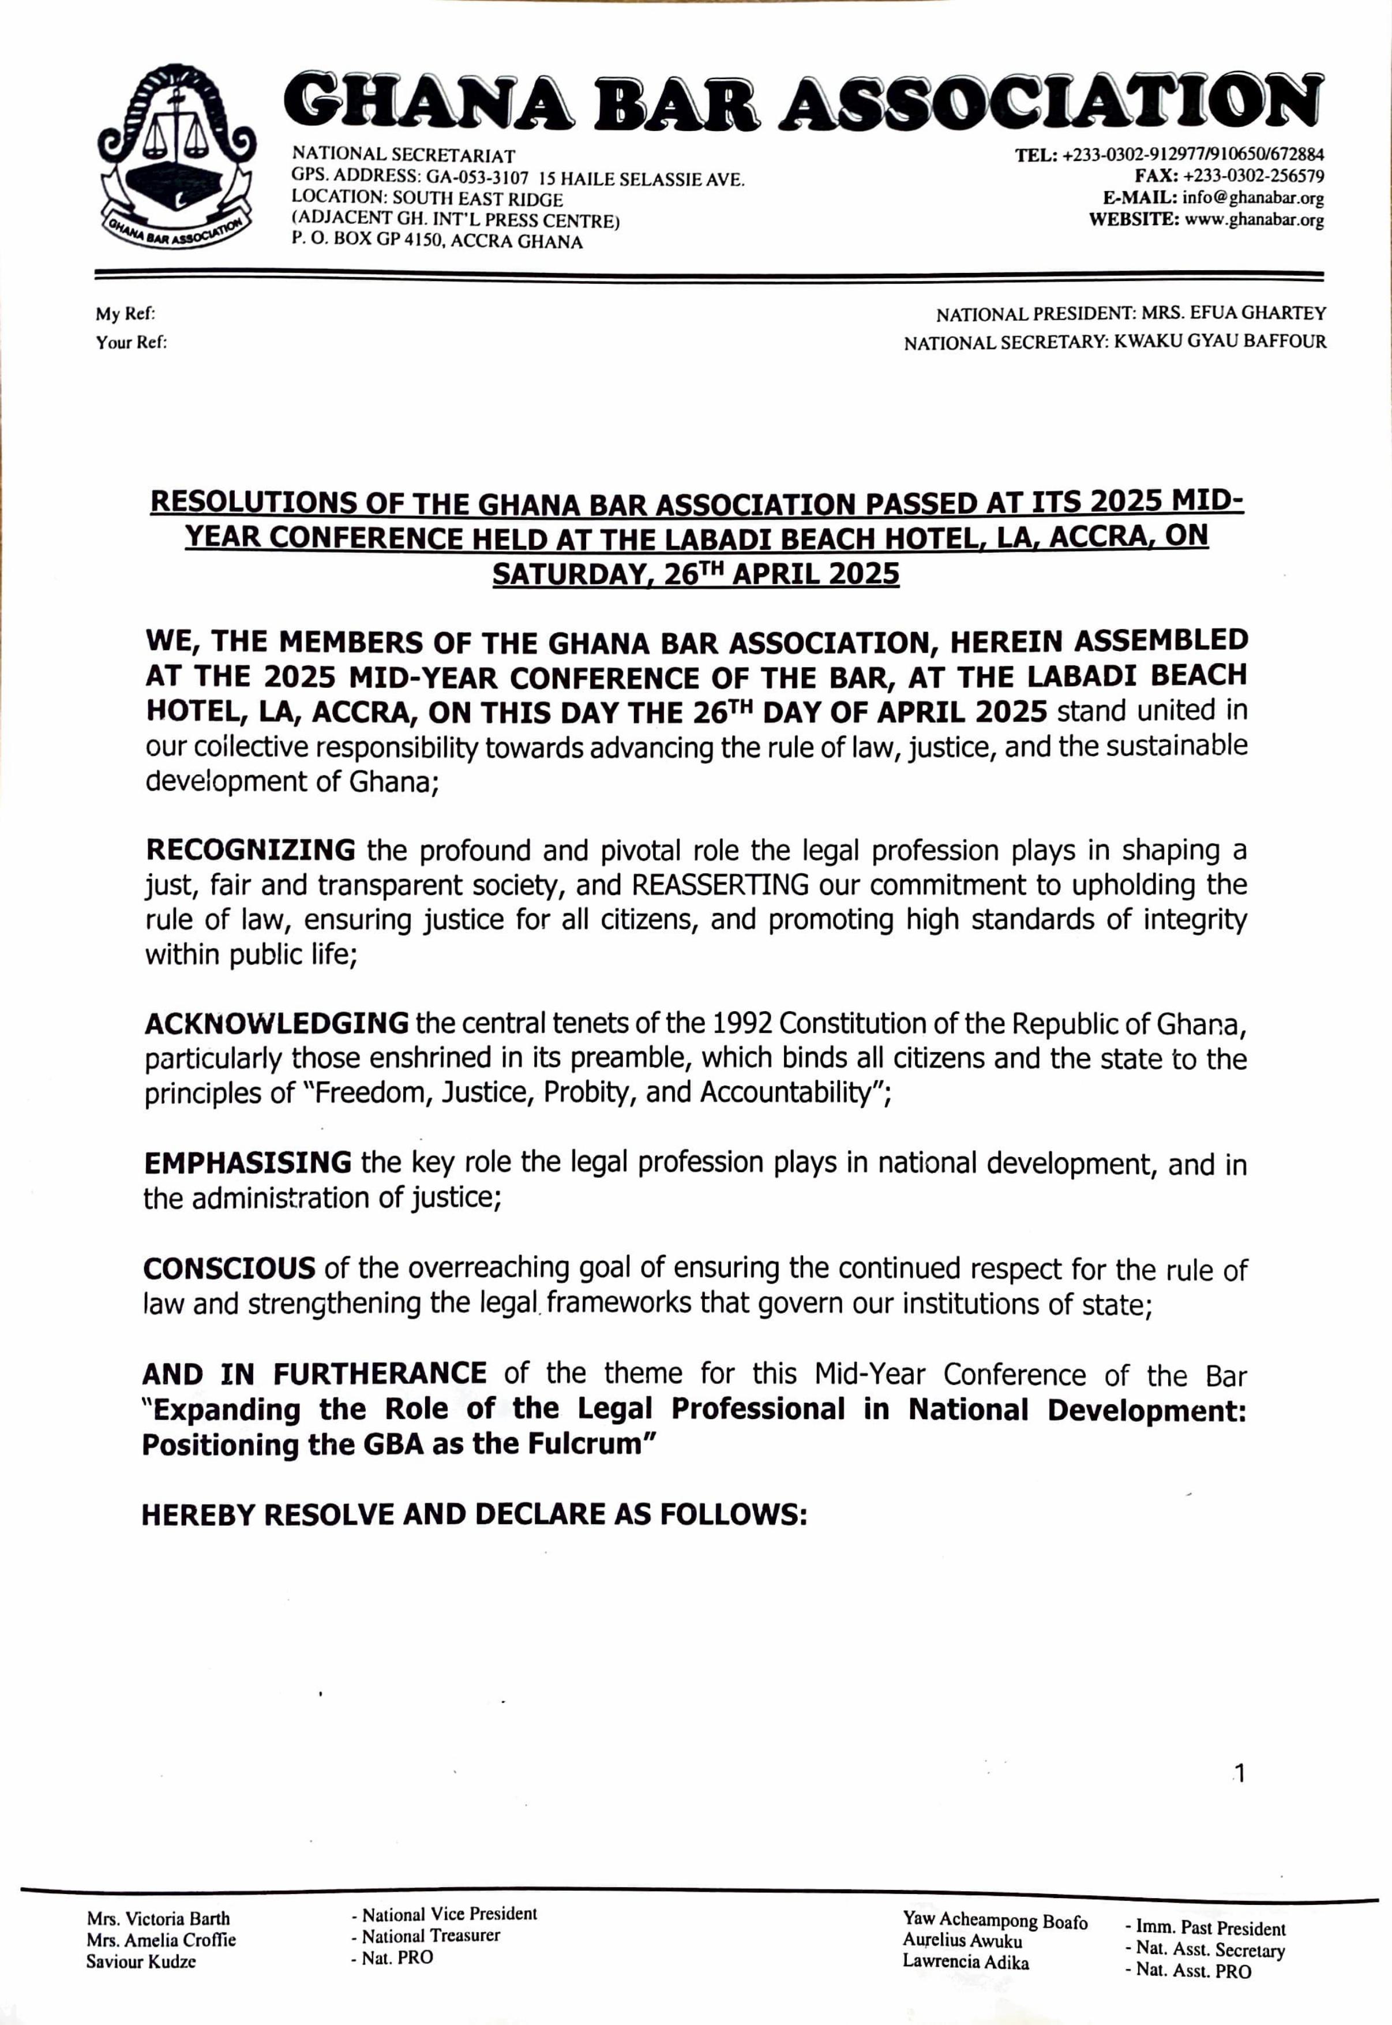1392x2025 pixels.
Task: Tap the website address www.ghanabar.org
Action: tap(1254, 220)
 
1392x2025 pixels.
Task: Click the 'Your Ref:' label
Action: tap(132, 343)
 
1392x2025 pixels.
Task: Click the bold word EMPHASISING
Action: tap(247, 1163)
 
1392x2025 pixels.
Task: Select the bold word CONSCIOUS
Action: tap(230, 1268)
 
